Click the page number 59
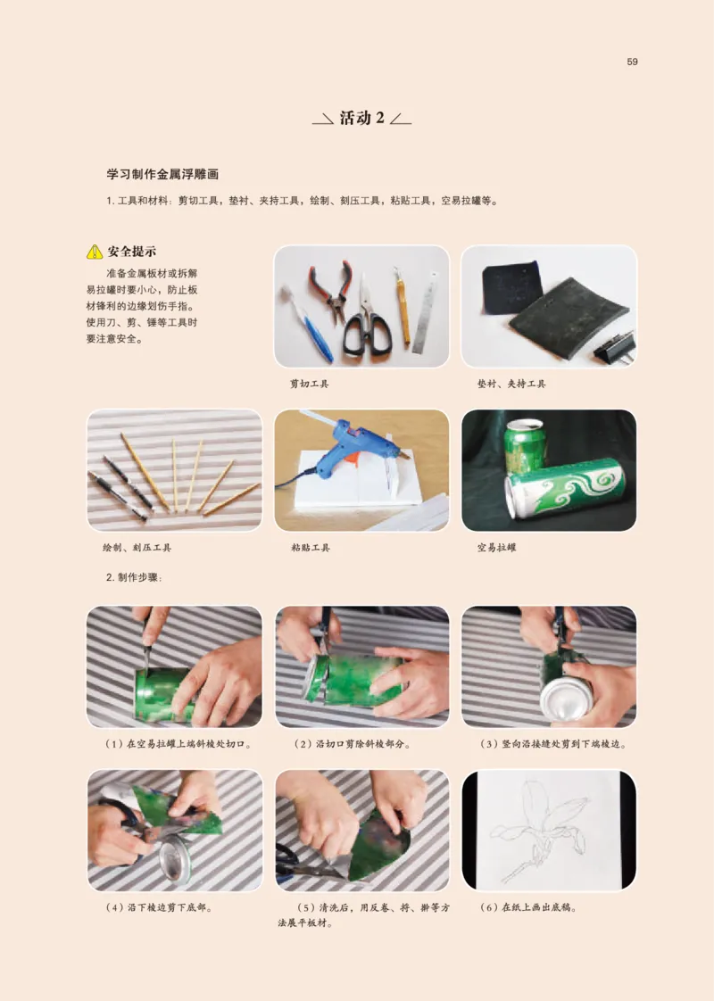click(632, 62)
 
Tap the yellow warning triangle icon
click(95, 252)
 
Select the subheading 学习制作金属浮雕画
click(162, 175)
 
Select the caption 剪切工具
click(310, 384)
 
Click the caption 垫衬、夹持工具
click(511, 384)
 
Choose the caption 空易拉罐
click(497, 547)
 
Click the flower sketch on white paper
click(544, 830)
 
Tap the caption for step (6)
click(527, 907)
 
